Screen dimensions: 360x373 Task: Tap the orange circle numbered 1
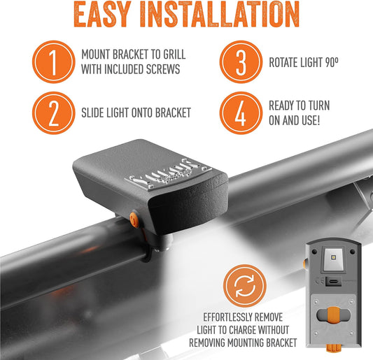click(52, 62)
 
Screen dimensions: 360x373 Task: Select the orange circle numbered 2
click(52, 114)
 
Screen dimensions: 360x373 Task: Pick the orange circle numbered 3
click(240, 62)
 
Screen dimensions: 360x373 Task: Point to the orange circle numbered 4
click(240, 114)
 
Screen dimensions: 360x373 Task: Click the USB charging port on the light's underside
click(342, 281)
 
